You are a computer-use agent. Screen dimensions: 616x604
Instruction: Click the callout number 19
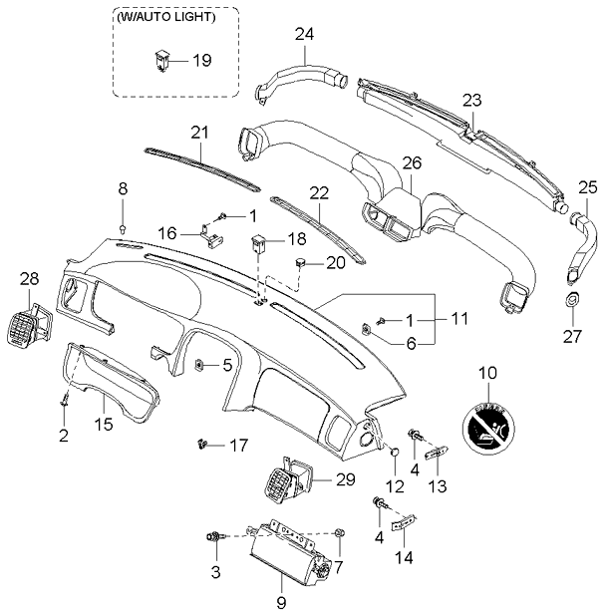(201, 61)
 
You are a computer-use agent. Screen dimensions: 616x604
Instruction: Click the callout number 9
(281, 602)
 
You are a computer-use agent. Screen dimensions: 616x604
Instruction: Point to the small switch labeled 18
(261, 242)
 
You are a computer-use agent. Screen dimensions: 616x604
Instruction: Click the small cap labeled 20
(298, 262)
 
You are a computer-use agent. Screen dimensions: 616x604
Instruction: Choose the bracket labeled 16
(212, 232)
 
